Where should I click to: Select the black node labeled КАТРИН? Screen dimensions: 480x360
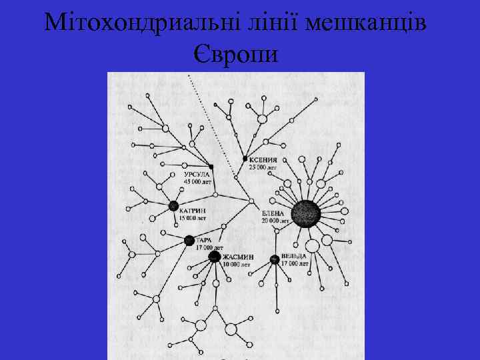[174, 206]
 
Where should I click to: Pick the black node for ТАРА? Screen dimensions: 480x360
[189, 240]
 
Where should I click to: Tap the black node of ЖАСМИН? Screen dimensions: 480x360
[215, 256]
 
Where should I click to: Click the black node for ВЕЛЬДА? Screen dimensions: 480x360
[275, 259]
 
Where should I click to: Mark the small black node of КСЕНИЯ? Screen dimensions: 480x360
[245, 159]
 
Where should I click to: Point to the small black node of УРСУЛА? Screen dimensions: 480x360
[211, 167]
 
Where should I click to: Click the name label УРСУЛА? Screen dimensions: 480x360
[197, 175]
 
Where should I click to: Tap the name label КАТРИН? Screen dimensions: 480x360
[193, 211]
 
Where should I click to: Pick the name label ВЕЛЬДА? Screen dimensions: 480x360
[294, 256]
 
